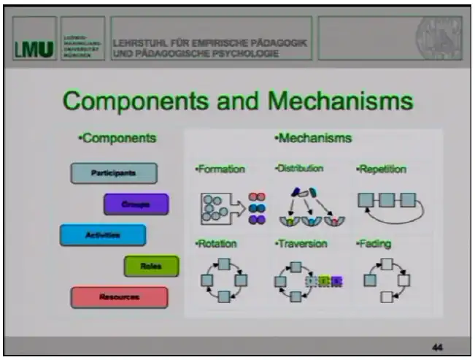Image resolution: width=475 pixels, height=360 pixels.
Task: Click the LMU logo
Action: [x=34, y=50]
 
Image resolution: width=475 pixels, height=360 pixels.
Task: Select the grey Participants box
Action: [x=114, y=173]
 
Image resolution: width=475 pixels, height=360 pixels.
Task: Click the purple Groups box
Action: [x=136, y=204]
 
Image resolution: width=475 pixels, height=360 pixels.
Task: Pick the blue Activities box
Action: [x=102, y=235]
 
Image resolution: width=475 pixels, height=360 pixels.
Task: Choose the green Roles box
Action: [x=151, y=267]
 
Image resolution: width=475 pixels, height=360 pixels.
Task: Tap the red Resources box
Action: [x=119, y=297]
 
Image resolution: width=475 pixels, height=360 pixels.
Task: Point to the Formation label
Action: [x=220, y=169]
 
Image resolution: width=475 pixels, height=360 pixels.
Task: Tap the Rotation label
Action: [x=217, y=244]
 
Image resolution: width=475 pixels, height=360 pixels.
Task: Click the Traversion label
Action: [x=301, y=243]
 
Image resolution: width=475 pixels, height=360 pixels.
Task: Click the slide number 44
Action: [x=436, y=346]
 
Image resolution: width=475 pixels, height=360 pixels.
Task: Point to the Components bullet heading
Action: [x=117, y=138]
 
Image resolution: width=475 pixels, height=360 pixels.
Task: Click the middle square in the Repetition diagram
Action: [x=387, y=199]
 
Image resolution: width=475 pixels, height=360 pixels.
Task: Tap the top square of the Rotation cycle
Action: [x=225, y=264]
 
